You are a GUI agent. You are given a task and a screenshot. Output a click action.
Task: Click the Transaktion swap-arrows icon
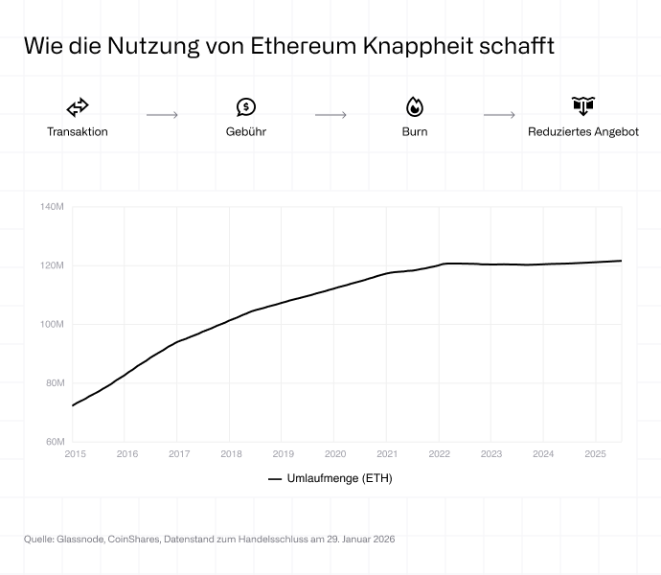(x=78, y=107)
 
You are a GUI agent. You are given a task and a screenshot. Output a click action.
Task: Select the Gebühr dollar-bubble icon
(x=246, y=107)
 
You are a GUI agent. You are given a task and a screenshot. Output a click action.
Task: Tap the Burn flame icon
(x=415, y=107)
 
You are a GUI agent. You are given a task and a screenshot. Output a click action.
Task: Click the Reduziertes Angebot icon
(x=583, y=106)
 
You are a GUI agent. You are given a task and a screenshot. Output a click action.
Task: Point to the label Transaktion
(x=78, y=132)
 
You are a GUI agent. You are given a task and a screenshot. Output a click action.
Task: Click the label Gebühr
(x=246, y=132)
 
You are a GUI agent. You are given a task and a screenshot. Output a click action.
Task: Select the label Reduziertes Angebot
(x=583, y=132)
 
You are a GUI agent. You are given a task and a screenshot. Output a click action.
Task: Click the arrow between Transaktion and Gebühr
(x=162, y=115)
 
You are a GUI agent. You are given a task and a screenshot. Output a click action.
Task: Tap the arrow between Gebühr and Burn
(x=330, y=115)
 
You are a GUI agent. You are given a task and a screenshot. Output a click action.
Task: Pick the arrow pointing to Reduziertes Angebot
(x=499, y=115)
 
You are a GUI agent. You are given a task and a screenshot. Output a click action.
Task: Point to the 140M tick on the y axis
(x=52, y=206)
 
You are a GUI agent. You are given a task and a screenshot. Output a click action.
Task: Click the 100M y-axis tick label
(x=52, y=324)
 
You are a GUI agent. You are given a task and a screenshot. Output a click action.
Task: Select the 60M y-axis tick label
(x=54, y=442)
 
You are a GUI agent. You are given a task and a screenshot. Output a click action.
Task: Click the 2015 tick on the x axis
(x=75, y=454)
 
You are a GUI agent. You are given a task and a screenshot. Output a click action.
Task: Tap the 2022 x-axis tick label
(x=439, y=454)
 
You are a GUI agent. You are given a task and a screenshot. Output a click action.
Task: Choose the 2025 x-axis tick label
(x=595, y=454)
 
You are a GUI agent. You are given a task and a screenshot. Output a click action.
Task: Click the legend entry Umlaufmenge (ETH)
(x=330, y=478)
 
